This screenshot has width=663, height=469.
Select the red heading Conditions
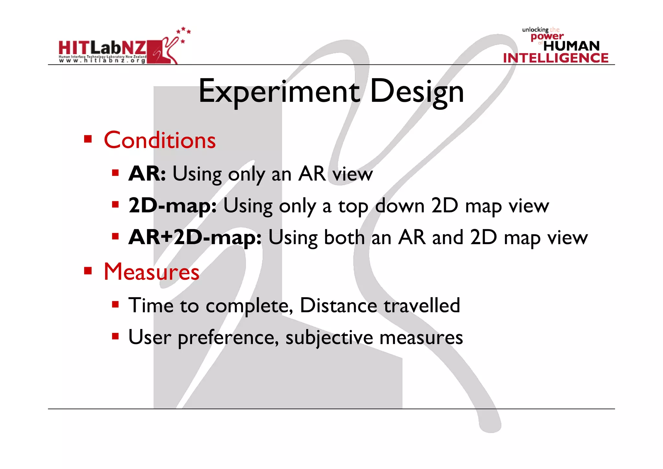tap(160, 140)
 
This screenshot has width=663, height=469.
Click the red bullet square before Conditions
tap(88, 139)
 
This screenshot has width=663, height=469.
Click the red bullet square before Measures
tap(88, 270)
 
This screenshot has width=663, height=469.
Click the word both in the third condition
tap(344, 238)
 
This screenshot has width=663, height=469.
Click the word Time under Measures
tap(151, 305)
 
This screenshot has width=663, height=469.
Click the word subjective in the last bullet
tap(329, 337)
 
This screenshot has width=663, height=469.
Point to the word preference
tap(228, 338)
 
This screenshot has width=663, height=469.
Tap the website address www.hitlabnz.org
tap(102, 61)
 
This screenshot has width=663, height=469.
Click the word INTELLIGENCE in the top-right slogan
tap(556, 58)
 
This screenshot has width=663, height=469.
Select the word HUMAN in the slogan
tap(571, 46)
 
